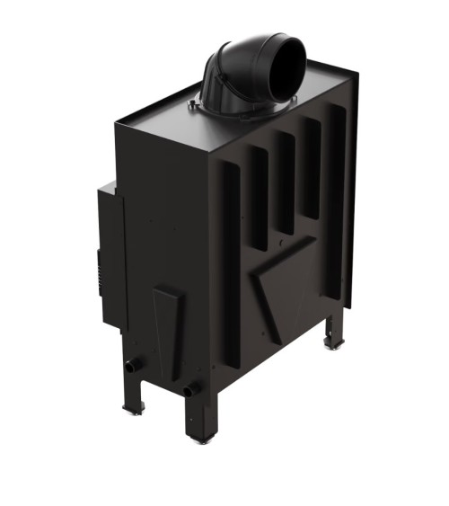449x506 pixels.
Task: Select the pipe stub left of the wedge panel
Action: click(136, 366)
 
